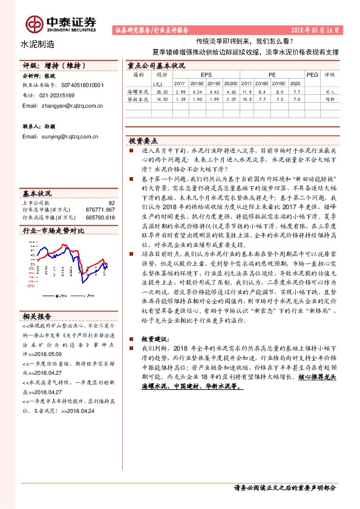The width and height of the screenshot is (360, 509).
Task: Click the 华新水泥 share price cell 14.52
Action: pos(162,99)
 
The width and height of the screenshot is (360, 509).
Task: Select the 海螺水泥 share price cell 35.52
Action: pos(162,91)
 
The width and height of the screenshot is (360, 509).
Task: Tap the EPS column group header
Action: pos(198,74)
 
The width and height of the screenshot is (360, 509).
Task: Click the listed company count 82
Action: pos(111,203)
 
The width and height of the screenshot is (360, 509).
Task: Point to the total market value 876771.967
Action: pos(101,210)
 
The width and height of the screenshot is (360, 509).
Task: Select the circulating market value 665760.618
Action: pos(101,217)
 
